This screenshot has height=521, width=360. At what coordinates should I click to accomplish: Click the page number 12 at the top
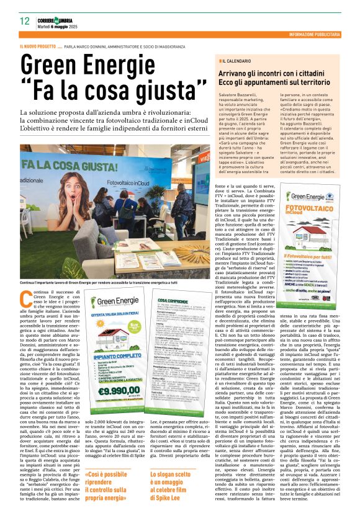(24, 20)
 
